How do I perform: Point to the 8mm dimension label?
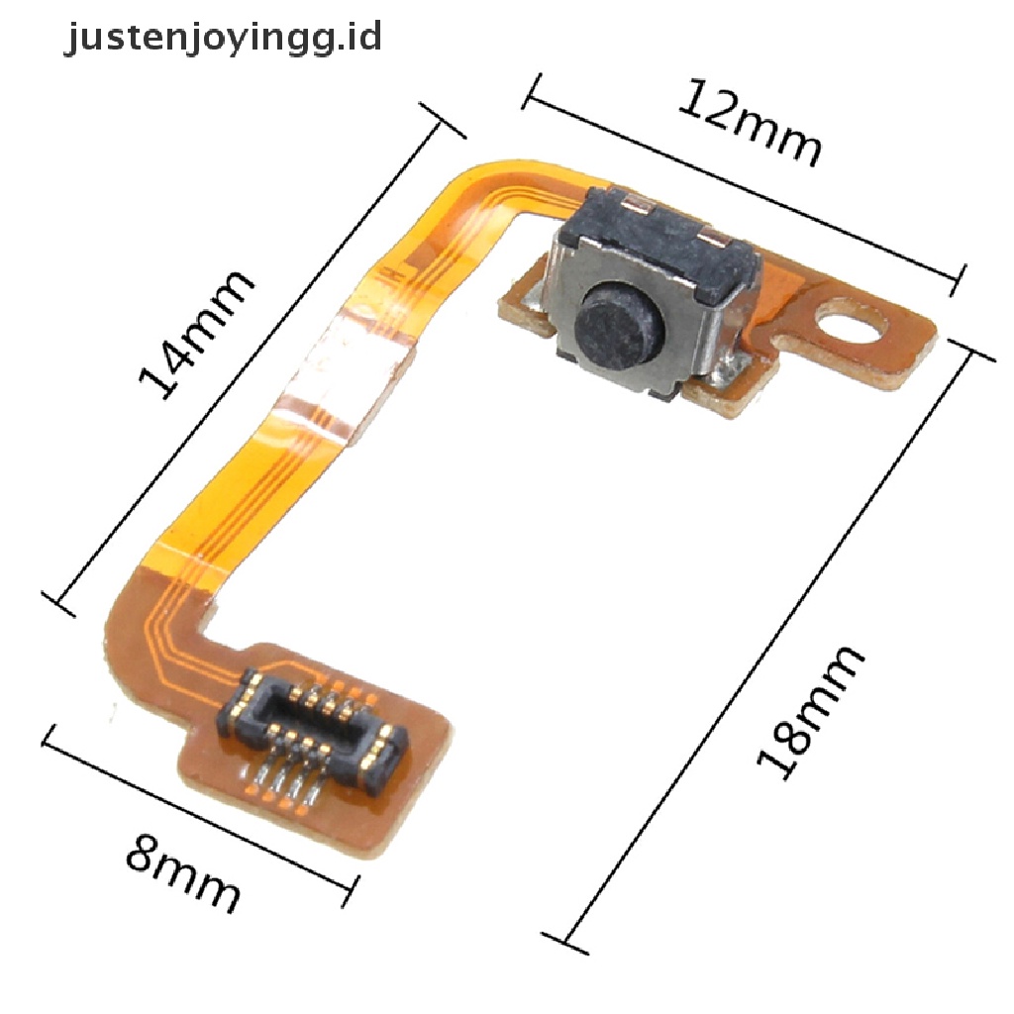coord(183,872)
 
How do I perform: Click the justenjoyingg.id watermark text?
coord(223,39)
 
